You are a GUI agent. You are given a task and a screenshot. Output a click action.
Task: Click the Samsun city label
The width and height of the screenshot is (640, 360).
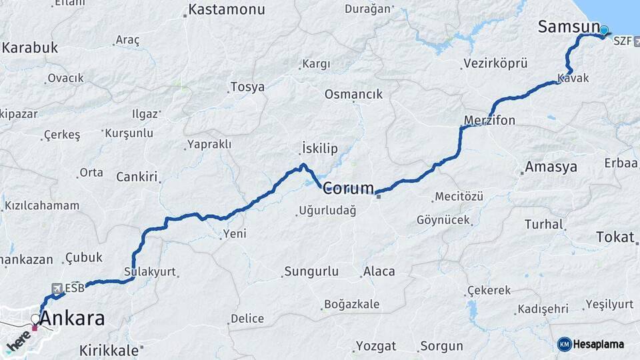[x=569, y=27]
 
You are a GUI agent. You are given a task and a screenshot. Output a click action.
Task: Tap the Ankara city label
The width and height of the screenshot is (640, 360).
[x=72, y=319]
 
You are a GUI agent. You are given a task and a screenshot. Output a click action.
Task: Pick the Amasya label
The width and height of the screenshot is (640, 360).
[x=551, y=167]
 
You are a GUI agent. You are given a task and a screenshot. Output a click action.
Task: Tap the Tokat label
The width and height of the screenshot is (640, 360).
[x=615, y=237]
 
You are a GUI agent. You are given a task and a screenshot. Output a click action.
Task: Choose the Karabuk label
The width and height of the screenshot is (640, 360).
[x=30, y=48]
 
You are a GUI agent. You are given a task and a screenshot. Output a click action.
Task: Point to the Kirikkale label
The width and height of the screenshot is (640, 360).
[x=109, y=350]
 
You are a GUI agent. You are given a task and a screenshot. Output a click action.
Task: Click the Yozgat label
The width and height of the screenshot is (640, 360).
[x=376, y=346]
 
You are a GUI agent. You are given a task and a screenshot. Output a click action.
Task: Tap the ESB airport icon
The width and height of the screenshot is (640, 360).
[x=57, y=288]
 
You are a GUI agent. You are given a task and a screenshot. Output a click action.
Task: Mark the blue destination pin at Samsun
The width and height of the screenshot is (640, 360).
[x=604, y=30]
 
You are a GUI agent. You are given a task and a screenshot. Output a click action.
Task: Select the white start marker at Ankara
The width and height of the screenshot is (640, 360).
[x=35, y=319]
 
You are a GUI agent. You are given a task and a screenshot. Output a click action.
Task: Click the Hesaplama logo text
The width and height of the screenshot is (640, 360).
[x=598, y=345]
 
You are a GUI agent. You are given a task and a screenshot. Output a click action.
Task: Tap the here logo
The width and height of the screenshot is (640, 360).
[x=18, y=341]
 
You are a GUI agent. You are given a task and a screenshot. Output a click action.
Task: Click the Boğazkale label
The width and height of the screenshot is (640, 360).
[x=351, y=305]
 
